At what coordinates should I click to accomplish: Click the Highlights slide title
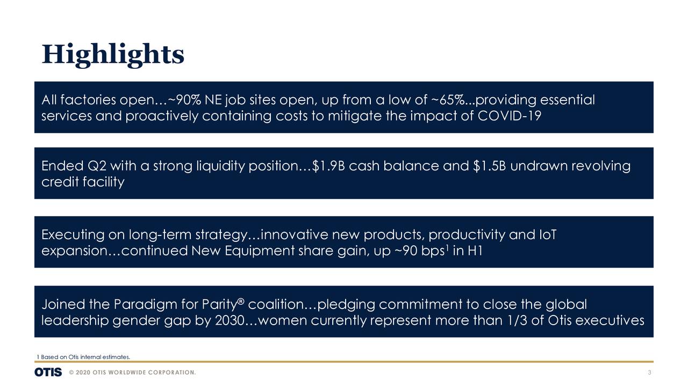(113, 54)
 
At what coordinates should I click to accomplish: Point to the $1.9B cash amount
(328, 166)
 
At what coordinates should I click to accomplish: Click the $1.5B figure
(490, 166)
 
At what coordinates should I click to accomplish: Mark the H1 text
(474, 251)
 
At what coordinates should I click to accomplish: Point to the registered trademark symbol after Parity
(241, 302)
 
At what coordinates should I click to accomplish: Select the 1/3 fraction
(515, 321)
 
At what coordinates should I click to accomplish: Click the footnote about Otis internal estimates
(83, 357)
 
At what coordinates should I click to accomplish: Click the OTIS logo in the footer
(48, 372)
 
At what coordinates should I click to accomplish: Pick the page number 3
(650, 373)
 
